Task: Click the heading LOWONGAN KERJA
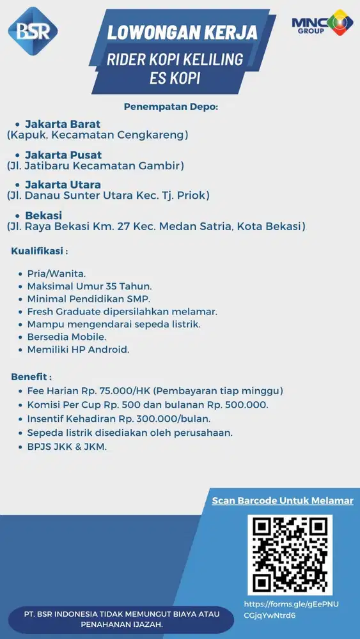182,32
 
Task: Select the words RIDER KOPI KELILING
176,59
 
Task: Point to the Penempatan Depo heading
171,106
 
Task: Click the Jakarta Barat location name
63,123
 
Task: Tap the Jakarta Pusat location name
63,155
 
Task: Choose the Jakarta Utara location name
63,185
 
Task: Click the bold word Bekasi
43,215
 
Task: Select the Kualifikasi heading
39,251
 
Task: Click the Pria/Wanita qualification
56,273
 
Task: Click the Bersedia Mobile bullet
67,337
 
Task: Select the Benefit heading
31,376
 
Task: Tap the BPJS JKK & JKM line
67,447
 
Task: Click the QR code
290,555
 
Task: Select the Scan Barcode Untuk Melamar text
283,500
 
